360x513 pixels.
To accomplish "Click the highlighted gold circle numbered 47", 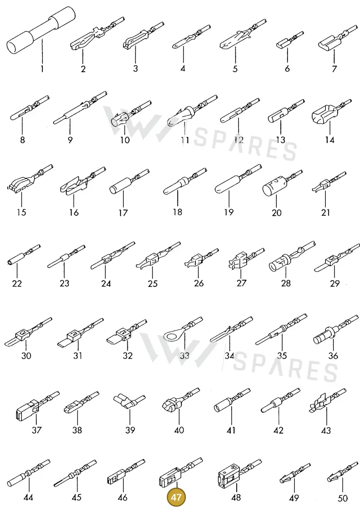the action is pos(176,497).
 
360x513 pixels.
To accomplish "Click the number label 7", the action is pos(334,69).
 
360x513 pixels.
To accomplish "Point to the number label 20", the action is pos(277,213).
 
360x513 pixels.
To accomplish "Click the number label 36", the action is pos(333,356).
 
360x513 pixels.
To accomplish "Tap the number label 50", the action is pos(342,498).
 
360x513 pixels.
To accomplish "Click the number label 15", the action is pos(21,212).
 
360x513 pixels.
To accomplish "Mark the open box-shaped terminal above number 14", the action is pos(331,112).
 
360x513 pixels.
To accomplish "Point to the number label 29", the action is pos(334,283).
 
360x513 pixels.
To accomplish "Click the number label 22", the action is pos(17,283).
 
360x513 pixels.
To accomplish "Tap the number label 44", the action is pos(28,497).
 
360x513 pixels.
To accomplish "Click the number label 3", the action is pos(135,68).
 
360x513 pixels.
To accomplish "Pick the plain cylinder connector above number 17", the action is pos(129,183).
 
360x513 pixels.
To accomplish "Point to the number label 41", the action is pos(231,430).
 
